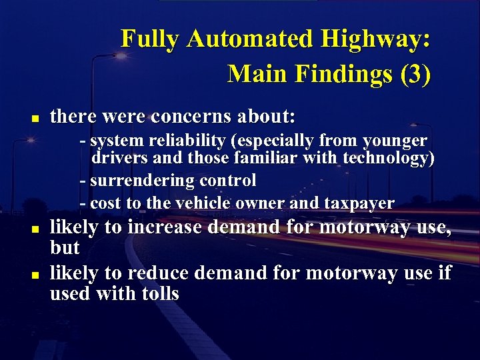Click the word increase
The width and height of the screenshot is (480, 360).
pyautogui.click(x=165, y=227)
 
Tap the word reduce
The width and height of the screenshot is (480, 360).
pyautogui.click(x=158, y=273)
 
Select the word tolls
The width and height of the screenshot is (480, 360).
pyautogui.click(x=158, y=293)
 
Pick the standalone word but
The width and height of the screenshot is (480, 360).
pyautogui.click(x=65, y=248)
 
